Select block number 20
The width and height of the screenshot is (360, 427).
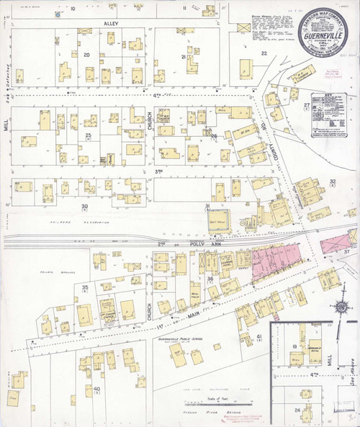[86, 55]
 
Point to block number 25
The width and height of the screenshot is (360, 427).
[89, 135]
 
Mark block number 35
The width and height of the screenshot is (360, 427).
[85, 288]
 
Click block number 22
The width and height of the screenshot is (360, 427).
[264, 53]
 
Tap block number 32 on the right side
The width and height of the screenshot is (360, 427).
[333, 182]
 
